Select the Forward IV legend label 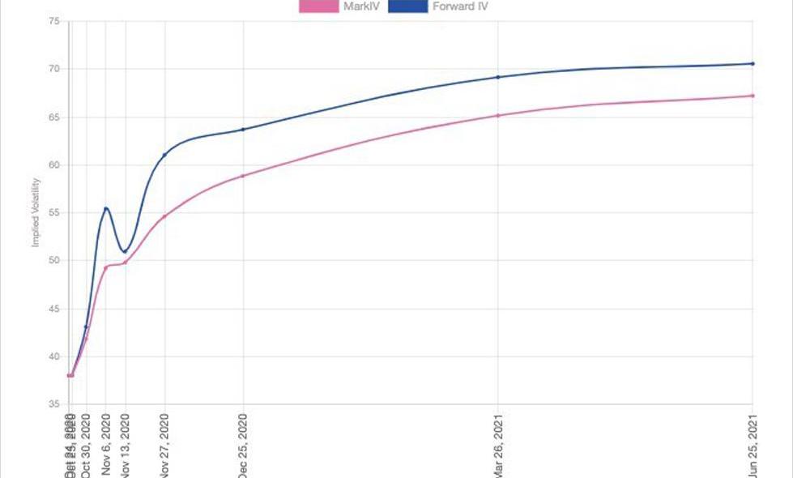[461, 6]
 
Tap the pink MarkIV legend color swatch [318, 6]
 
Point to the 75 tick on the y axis [53, 22]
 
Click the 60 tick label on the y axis [53, 165]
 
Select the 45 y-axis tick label [53, 309]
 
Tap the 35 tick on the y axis [53, 404]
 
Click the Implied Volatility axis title [36, 212]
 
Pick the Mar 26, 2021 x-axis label [498, 444]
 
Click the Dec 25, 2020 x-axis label [242, 444]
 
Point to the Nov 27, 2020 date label [164, 444]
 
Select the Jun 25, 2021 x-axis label [753, 444]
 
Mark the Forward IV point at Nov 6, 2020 [105, 209]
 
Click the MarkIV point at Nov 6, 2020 [105, 267]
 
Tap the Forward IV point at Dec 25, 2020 [242, 130]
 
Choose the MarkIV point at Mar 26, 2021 [498, 115]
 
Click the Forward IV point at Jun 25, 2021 [752, 63]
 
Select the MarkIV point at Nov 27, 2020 [164, 216]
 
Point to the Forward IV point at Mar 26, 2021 [498, 77]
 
